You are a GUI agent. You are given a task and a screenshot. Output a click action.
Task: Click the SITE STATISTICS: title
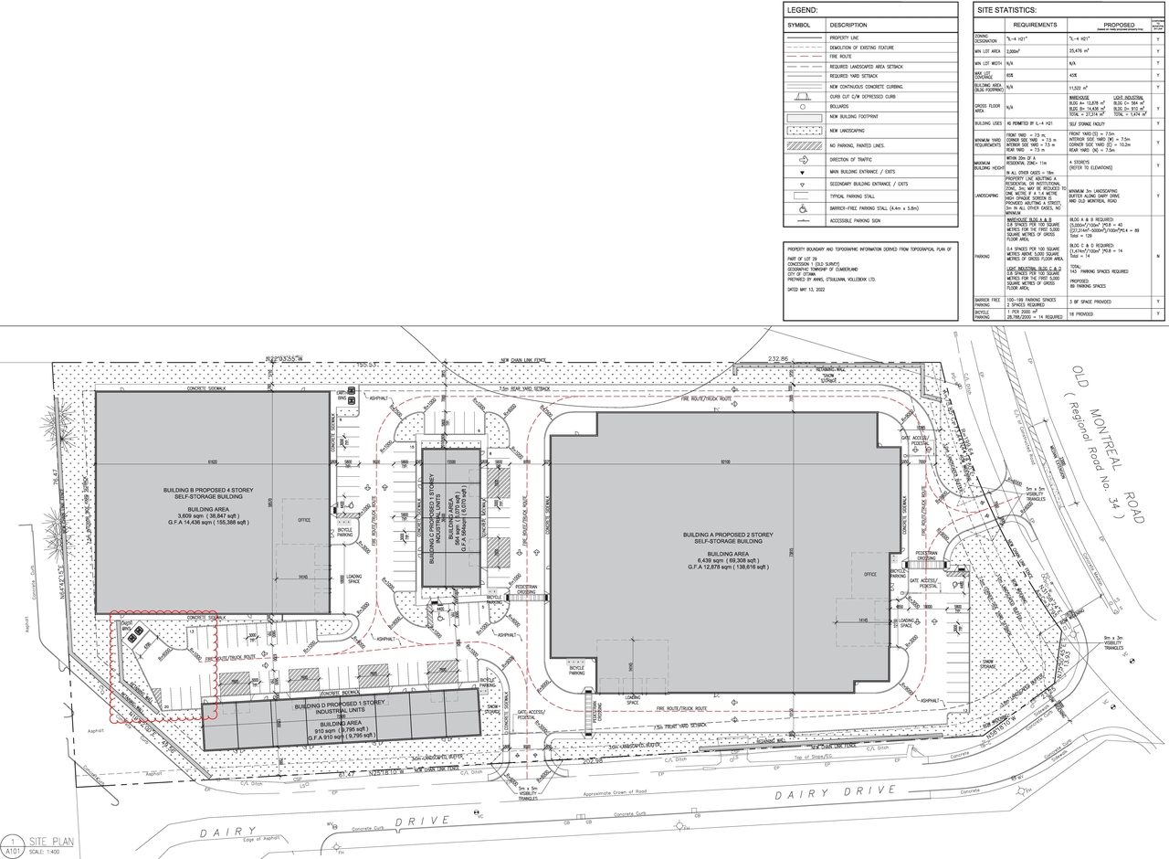(x=1007, y=9)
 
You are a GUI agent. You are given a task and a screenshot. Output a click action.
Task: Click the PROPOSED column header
(x=1119, y=25)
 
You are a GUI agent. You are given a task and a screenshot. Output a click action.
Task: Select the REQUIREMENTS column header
(x=1034, y=25)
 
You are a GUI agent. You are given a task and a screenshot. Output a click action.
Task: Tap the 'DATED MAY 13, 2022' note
(x=812, y=289)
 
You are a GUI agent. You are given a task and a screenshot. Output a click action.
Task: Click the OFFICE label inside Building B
(x=302, y=520)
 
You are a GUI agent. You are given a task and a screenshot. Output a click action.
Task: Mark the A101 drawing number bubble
(x=13, y=843)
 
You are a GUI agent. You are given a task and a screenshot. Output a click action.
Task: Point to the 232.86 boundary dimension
(x=778, y=359)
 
